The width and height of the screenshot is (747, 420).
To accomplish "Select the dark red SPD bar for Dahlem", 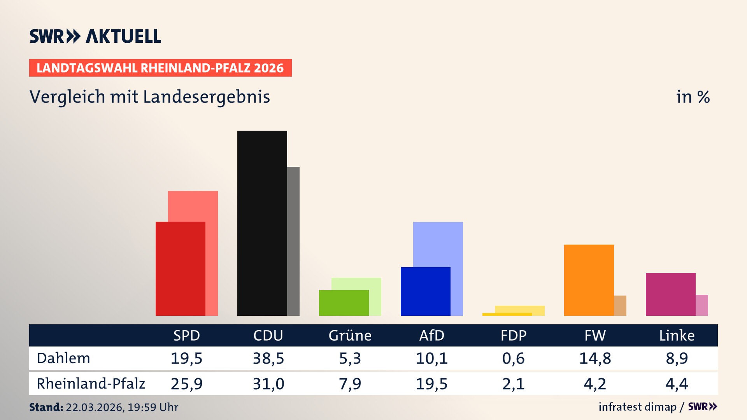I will click(x=180, y=268).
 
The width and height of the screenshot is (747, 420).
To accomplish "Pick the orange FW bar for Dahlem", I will click(x=589, y=280).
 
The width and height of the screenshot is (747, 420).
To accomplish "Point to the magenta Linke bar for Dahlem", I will click(x=670, y=294).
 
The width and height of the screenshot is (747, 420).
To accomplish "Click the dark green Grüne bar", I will click(x=344, y=303).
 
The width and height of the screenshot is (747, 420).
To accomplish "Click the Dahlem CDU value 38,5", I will click(x=268, y=358).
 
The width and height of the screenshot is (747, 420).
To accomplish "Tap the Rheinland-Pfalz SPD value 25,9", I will click(x=186, y=384).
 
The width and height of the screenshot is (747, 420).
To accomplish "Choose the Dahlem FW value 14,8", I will click(x=595, y=358).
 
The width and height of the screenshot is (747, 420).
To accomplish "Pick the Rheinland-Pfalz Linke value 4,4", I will click(x=677, y=384).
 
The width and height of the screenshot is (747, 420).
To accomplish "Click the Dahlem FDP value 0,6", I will click(x=513, y=358).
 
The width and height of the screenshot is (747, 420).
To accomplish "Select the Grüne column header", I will click(x=350, y=335).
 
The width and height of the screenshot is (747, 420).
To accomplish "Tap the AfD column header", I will click(x=431, y=335).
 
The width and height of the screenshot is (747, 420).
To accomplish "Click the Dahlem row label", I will click(x=63, y=358).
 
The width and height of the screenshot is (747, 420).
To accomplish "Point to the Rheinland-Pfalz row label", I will click(x=91, y=384).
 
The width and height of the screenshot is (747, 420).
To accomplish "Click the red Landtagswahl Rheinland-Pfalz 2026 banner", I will click(x=160, y=68).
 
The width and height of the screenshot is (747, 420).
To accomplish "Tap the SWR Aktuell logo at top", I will click(x=95, y=36).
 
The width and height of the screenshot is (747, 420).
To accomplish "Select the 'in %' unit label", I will click(x=693, y=97).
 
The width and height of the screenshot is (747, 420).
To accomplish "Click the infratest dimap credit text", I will click(x=637, y=407).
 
